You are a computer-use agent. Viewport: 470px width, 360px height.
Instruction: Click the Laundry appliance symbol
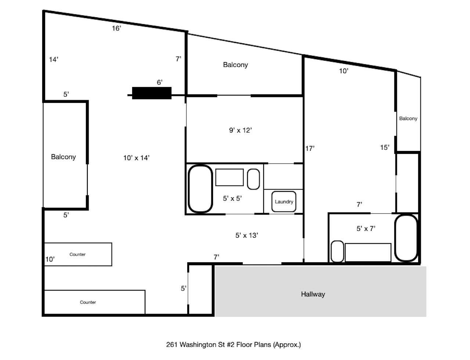(x=284, y=202)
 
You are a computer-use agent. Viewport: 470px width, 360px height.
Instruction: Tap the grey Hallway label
(x=313, y=294)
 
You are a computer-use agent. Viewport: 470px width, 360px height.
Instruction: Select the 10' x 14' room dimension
(x=136, y=158)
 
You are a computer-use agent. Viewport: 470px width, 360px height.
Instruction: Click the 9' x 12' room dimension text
(x=241, y=130)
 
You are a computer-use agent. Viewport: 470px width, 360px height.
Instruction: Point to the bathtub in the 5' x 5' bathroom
(x=200, y=189)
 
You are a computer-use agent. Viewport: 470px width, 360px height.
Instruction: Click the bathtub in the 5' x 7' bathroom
(x=406, y=238)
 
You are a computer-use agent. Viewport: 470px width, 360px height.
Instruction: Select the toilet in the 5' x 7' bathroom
(x=337, y=252)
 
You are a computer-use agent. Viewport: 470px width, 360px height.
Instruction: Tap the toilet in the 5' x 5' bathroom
(x=253, y=179)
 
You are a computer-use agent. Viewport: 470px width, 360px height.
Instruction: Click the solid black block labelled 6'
(x=152, y=93)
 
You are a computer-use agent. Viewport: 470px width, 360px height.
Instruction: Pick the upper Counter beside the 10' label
(x=77, y=254)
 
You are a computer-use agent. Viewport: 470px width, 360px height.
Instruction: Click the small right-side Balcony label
(x=408, y=118)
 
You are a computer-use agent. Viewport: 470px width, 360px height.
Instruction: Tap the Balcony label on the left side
(x=63, y=157)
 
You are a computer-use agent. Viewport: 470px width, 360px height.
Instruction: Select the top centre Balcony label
(x=235, y=65)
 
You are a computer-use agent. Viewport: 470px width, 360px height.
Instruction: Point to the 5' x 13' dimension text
(x=246, y=235)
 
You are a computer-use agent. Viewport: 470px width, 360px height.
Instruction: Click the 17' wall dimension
(x=310, y=148)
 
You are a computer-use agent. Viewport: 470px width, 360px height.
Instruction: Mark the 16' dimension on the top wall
(x=116, y=28)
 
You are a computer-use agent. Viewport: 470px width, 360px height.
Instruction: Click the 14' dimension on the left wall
(x=54, y=59)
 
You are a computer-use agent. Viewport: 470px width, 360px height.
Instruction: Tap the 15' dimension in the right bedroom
(x=384, y=147)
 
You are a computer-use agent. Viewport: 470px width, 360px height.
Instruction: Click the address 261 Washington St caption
(x=234, y=345)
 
